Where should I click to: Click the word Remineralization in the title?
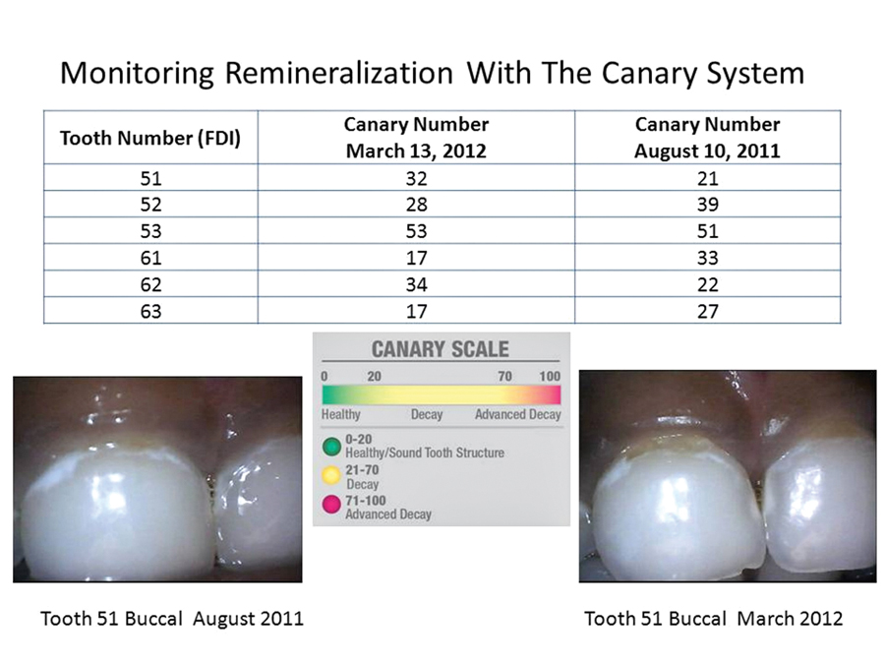point(338,73)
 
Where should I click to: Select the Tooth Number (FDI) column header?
point(150,138)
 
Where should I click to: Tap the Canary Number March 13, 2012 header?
point(417,137)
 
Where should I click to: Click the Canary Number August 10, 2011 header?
point(707,137)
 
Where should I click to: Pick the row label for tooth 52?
point(150,204)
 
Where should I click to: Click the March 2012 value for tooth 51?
point(417,178)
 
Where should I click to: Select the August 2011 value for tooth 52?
point(707,204)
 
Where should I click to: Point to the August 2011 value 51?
point(707,231)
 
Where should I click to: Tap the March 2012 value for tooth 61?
point(417,258)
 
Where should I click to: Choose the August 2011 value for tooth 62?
point(707,284)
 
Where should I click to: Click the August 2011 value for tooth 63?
point(707,311)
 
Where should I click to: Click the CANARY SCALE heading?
point(441,349)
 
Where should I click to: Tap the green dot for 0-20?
point(331,446)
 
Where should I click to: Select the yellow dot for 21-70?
point(331,475)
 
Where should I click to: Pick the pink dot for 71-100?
point(331,505)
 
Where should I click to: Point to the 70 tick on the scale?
point(504,376)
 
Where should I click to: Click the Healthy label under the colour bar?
point(341,414)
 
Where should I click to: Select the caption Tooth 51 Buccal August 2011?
point(172,619)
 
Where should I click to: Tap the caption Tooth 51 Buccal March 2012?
point(714,619)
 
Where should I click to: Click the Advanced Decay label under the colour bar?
point(517,414)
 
